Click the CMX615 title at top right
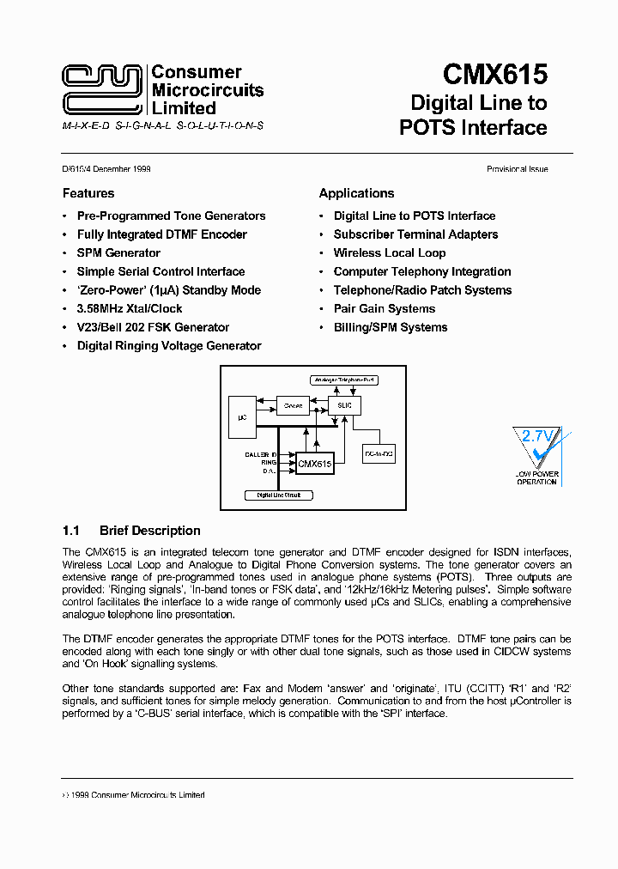[x=495, y=75]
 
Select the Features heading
[x=88, y=193]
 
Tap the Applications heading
[x=356, y=193]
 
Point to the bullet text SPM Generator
[x=118, y=253]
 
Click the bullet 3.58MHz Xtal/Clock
[x=130, y=309]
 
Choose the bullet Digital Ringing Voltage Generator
[x=169, y=346]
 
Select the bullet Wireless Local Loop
[x=390, y=253]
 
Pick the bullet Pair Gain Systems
[x=385, y=309]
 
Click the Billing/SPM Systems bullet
[x=391, y=327]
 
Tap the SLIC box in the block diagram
[x=345, y=404]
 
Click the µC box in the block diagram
[x=242, y=416]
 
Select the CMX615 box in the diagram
[x=314, y=464]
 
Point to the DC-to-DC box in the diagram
[x=379, y=452]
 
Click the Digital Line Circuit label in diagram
[x=279, y=495]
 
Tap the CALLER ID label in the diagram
[x=261, y=453]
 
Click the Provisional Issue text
[x=517, y=170]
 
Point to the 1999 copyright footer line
[x=134, y=795]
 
